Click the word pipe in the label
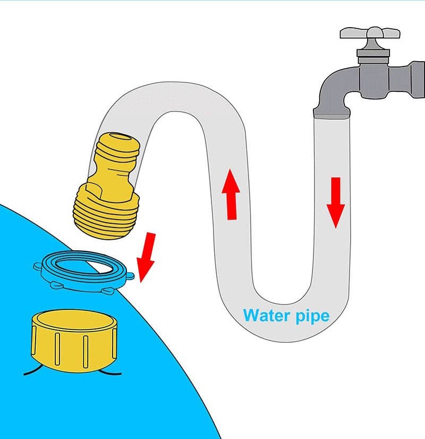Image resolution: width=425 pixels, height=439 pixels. click(311, 317)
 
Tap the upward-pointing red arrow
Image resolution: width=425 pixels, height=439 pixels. click(232, 195)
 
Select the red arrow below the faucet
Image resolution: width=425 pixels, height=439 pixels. click(336, 202)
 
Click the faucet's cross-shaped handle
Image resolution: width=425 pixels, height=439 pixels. click(367, 33)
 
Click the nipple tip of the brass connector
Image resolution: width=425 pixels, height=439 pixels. click(118, 146)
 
